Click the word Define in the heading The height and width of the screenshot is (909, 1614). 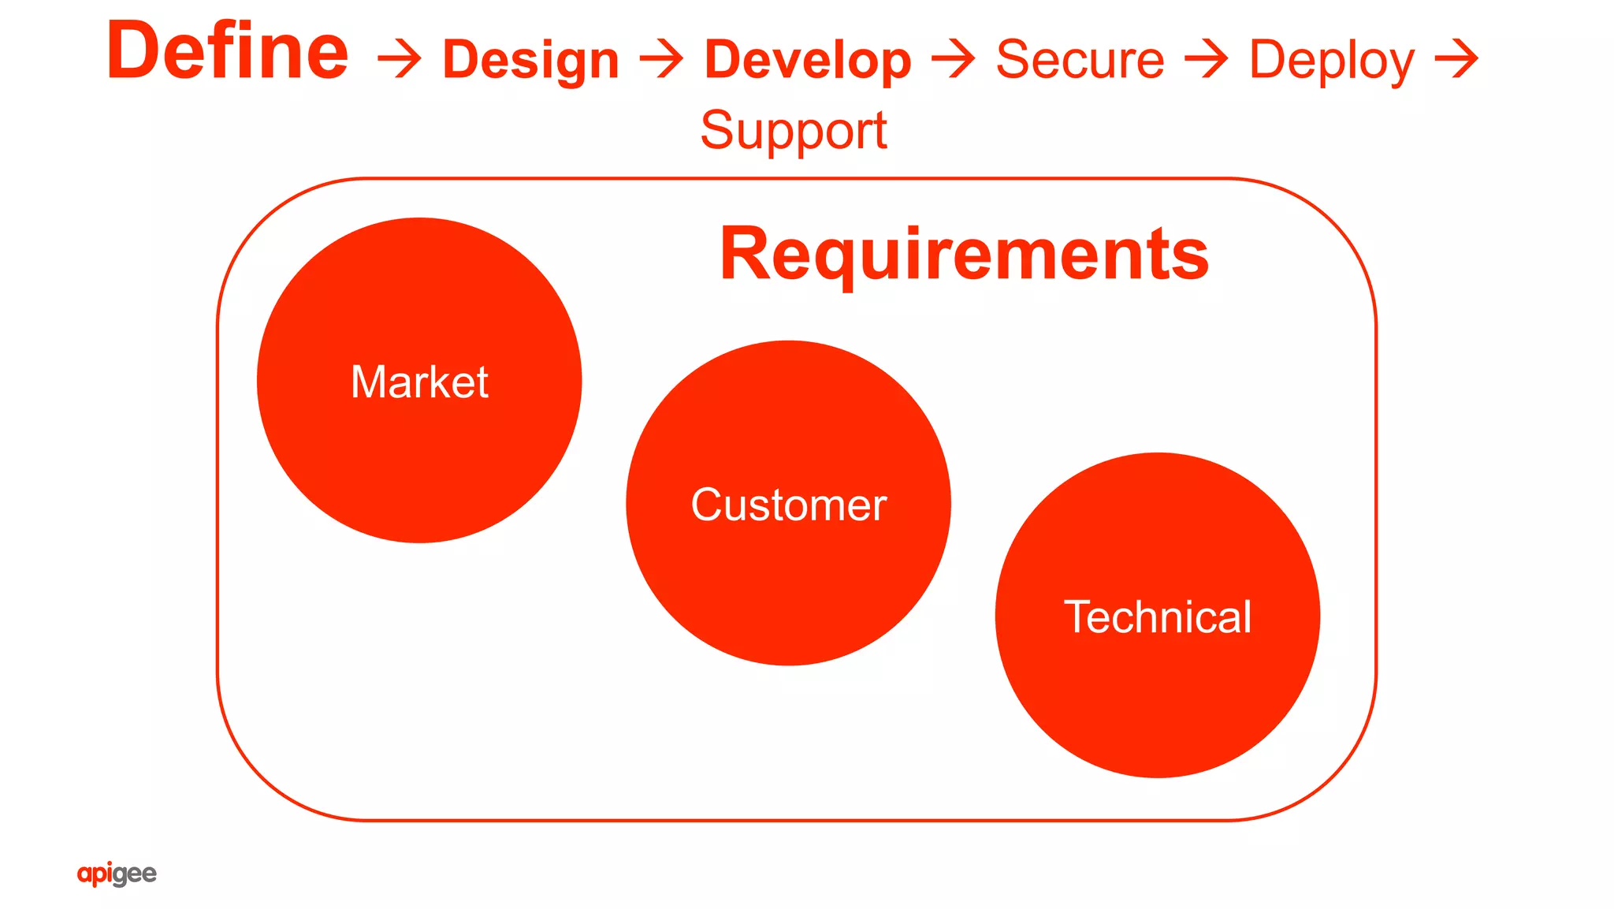click(227, 52)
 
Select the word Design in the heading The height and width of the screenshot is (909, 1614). click(530, 61)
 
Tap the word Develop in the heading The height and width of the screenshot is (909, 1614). click(808, 61)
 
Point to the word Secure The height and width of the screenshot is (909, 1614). click(1080, 60)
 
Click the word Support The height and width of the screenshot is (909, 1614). click(794, 131)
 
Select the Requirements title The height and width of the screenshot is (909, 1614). click(964, 254)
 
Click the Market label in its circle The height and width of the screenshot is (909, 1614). click(419, 382)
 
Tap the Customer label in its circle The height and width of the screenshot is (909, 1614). click(788, 505)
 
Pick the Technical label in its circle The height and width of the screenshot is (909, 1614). click(1157, 617)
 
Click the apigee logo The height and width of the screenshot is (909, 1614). click(117, 874)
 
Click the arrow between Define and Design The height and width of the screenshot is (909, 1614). click(399, 61)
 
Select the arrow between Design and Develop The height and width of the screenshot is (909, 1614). click(661, 61)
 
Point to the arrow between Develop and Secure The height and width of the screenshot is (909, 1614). click(953, 61)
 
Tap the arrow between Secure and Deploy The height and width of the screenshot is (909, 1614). click(1207, 61)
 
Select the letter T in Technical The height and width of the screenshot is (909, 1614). click(1078, 616)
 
